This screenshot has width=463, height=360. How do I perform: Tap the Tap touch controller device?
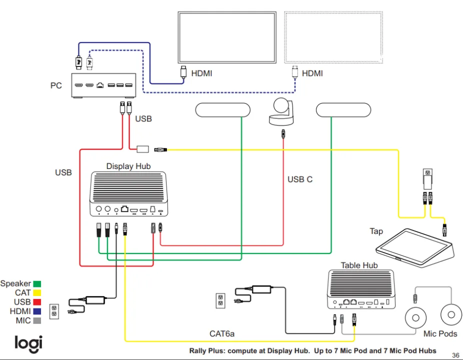(414, 245)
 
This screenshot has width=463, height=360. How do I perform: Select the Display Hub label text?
(128, 166)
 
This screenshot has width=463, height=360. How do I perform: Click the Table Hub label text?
(359, 265)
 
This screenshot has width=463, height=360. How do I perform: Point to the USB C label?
(300, 179)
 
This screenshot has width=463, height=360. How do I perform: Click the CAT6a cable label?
(222, 333)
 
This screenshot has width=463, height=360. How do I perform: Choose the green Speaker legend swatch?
(37, 284)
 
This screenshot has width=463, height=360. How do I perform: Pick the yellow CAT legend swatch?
(37, 293)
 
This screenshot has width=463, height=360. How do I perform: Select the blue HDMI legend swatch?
(37, 311)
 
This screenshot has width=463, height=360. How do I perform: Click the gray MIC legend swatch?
(37, 320)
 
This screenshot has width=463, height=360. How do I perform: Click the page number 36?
(455, 355)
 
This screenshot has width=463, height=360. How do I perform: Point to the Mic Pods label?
(440, 333)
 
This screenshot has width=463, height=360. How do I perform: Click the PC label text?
(56, 85)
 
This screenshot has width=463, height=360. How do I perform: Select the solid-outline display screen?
(227, 38)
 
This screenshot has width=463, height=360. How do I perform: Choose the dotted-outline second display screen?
(333, 38)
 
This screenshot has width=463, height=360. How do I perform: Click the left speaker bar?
(223, 110)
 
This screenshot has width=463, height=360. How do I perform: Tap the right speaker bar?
(343, 110)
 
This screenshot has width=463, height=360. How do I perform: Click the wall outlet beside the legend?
(54, 311)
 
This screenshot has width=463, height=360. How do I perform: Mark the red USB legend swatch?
(37, 302)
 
